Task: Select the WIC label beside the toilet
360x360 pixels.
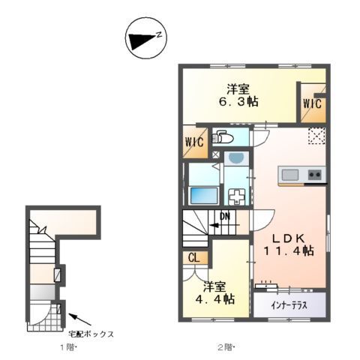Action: click(193, 142)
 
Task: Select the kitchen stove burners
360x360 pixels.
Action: click(314, 176)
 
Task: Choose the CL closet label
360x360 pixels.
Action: click(193, 258)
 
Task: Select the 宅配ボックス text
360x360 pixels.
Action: click(91, 333)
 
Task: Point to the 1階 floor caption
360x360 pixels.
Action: click(69, 348)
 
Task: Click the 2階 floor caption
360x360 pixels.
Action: click(227, 347)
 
